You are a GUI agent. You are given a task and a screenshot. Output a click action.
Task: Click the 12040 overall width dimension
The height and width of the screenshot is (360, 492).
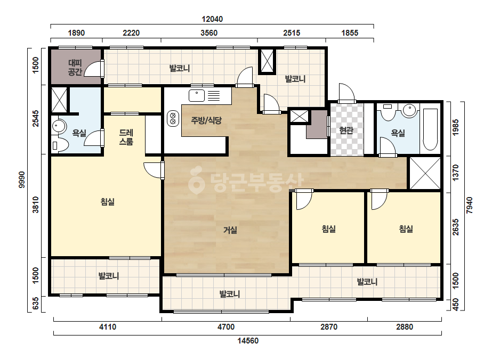[212, 19]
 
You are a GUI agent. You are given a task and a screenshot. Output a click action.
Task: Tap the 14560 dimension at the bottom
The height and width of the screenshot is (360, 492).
[248, 341]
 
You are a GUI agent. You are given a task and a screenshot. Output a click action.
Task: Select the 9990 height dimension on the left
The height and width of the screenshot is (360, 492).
[22, 179]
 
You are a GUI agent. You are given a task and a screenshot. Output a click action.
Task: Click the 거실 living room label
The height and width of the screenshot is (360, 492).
[230, 230]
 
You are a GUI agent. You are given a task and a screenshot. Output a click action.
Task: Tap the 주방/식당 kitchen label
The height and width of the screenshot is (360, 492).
[206, 120]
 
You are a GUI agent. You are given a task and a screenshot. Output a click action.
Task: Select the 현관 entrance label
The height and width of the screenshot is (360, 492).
[346, 130]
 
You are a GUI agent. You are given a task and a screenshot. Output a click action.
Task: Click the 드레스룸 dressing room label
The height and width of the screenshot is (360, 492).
[126, 137]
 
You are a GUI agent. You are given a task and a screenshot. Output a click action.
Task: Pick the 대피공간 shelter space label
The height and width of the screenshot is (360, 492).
[75, 68]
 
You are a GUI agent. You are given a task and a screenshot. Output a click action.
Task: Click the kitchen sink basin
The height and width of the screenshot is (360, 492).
[197, 95]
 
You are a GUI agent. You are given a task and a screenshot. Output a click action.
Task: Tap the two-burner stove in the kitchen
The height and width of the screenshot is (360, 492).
[173, 119]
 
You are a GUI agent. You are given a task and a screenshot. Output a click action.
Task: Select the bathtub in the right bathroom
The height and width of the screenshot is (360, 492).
[430, 129]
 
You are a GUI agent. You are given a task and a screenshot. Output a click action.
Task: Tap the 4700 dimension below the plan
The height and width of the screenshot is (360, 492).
[226, 327]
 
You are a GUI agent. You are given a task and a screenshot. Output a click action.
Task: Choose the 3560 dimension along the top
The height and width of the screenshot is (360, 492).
[209, 33]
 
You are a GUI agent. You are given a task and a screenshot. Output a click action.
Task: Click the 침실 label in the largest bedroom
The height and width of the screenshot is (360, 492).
[108, 202]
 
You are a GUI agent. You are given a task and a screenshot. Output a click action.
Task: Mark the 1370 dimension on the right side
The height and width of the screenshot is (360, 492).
[456, 173]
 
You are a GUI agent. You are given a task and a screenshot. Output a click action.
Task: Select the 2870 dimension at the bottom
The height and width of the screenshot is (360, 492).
[329, 327]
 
